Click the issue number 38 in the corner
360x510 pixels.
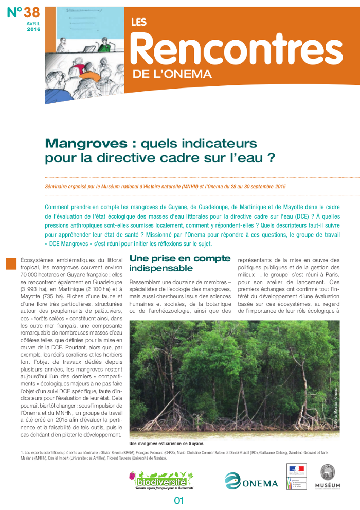(x=24, y=12)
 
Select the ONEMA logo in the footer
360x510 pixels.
(x=251, y=481)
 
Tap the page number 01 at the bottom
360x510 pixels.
(x=179, y=500)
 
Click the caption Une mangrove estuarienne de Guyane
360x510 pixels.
(x=167, y=443)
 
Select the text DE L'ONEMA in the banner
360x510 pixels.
(x=172, y=74)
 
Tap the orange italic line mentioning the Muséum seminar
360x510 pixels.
(x=165, y=186)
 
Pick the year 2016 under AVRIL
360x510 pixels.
(x=33, y=30)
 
